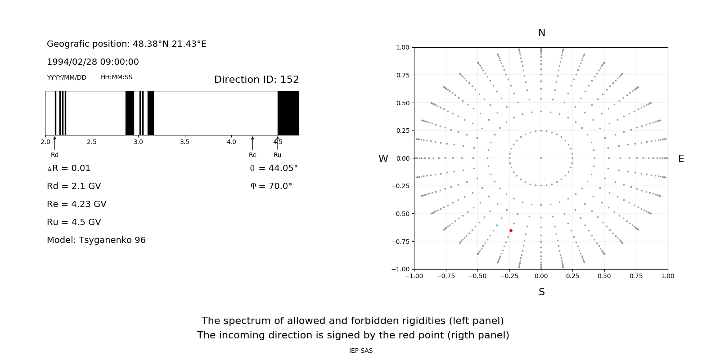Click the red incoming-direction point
coord(511,230)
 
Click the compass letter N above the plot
coord(542,33)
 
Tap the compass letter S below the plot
coord(542,292)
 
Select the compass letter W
coord(383,159)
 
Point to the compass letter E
coord(681,159)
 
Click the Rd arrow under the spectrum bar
coord(55,143)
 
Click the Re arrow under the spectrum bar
coord(252,143)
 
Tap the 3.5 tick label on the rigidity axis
coord(184,142)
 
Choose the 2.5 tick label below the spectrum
coord(92,142)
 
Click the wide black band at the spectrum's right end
coord(288,113)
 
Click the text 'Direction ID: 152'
coord(256,80)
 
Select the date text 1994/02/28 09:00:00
coord(93,62)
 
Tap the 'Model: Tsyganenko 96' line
coord(96,240)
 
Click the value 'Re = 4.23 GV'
coord(76,204)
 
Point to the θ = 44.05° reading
coord(274,168)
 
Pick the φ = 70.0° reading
coord(271,186)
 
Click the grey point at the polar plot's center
coord(541,158)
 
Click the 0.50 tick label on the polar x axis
coord(604,276)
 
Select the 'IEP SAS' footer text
coord(361,351)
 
